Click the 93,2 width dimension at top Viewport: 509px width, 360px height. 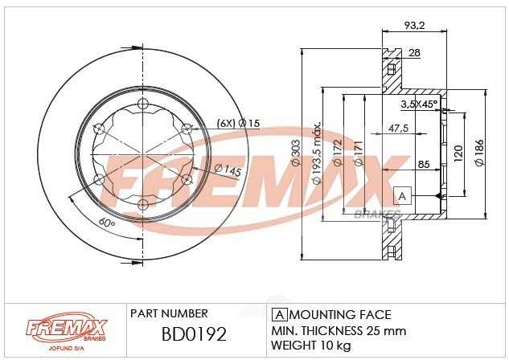[x=414, y=25]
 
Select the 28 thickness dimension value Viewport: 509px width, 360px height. [x=414, y=52]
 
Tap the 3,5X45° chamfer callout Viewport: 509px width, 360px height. [x=419, y=104]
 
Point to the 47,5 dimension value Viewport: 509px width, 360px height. [x=398, y=128]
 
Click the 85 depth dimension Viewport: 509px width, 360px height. [x=424, y=164]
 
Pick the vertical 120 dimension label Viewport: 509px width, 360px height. [x=458, y=153]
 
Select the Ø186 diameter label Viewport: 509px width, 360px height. [x=479, y=153]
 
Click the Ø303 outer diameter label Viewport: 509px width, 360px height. [x=295, y=153]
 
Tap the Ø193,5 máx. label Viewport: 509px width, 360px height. [x=317, y=153]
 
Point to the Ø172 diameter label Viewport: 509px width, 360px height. [x=338, y=153]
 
